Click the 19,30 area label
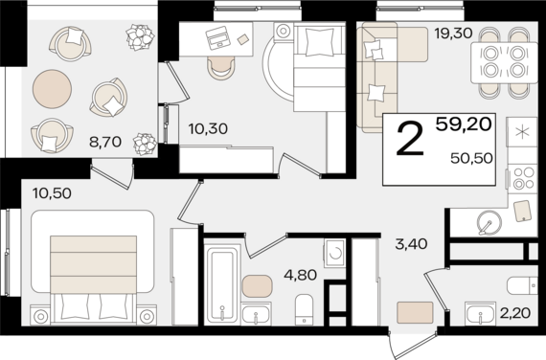pyautogui.click(x=453, y=34)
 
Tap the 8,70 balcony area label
pyautogui.click(x=105, y=142)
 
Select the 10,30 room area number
pyautogui.click(x=208, y=129)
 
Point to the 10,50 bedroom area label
pyautogui.click(x=52, y=193)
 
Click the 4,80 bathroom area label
pyautogui.click(x=300, y=275)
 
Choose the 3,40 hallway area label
pyautogui.click(x=411, y=244)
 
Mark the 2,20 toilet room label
pyautogui.click(x=515, y=313)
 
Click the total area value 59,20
pyautogui.click(x=464, y=124)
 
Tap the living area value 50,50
pyautogui.click(x=471, y=158)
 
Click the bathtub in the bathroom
pyautogui.click(x=222, y=282)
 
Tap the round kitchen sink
pyautogui.click(x=489, y=222)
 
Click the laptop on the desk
pyautogui.click(x=217, y=37)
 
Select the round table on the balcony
pyautogui.click(x=53, y=89)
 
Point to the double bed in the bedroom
pyautogui.click(x=93, y=267)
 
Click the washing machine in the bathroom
pyautogui.click(x=334, y=253)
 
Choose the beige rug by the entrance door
pyautogui.click(x=415, y=312)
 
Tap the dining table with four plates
pyautogui.click(x=504, y=62)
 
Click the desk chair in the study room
pyautogui.click(x=220, y=68)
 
